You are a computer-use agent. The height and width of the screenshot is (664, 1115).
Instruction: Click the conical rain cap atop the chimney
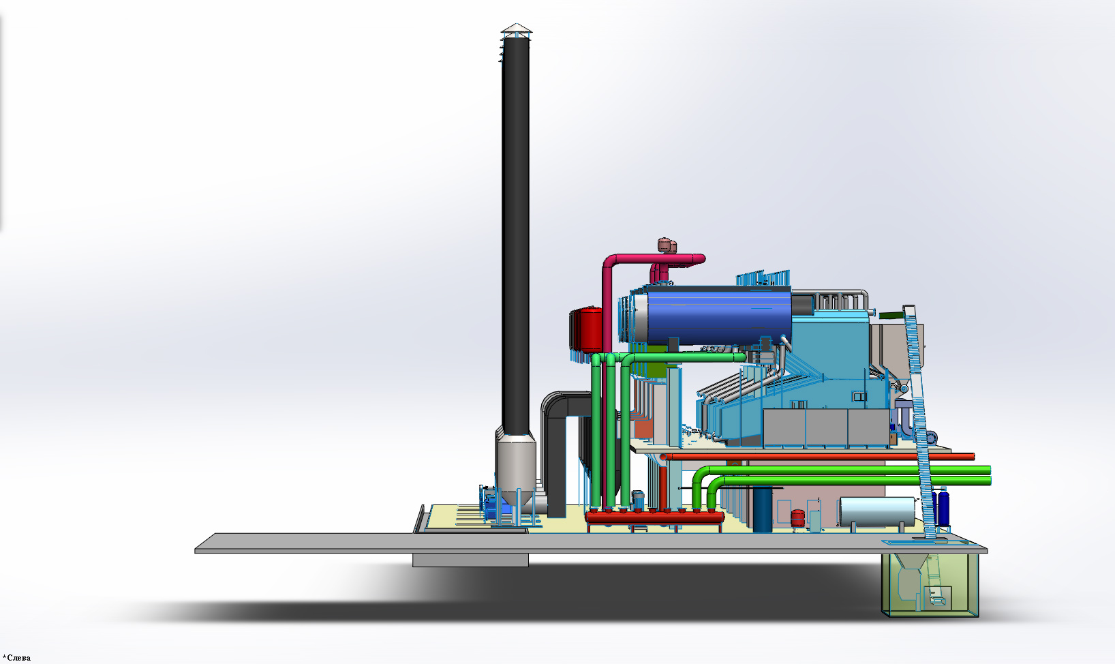click(516, 28)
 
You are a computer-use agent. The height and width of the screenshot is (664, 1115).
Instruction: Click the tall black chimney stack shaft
click(515, 234)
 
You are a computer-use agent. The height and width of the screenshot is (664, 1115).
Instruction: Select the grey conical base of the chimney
click(516, 468)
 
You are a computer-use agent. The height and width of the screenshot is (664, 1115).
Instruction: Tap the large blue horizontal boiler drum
click(717, 317)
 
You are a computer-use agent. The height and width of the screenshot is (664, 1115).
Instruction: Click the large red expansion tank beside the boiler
click(586, 331)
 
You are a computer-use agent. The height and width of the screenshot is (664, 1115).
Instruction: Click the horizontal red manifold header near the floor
click(654, 518)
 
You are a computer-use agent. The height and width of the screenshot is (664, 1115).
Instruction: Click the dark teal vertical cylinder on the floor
click(762, 510)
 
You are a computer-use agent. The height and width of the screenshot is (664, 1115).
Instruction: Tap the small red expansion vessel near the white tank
click(797, 517)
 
